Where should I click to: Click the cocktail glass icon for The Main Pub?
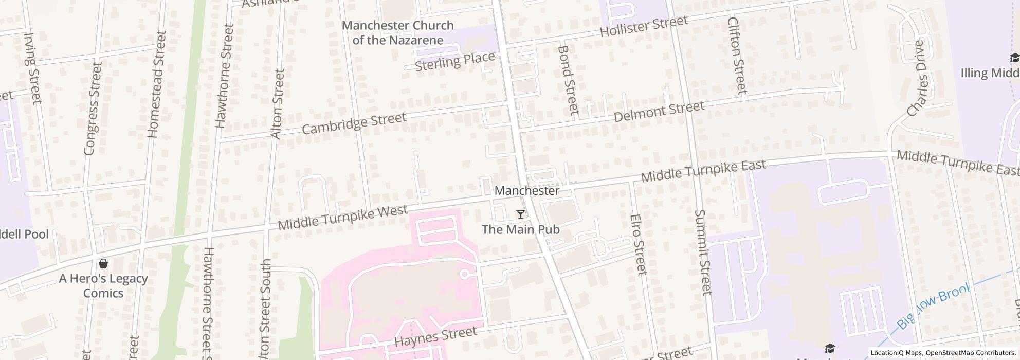pyautogui.click(x=520, y=214)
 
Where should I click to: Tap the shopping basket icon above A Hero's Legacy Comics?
pyautogui.click(x=103, y=263)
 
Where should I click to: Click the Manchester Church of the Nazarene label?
pyautogui.click(x=397, y=32)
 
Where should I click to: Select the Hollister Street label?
pyautogui.click(x=644, y=26)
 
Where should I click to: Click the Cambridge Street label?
pyautogui.click(x=354, y=123)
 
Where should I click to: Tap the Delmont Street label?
pyautogui.click(x=659, y=111)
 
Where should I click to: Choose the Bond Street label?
pyautogui.click(x=568, y=80)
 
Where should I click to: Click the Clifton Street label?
pyautogui.click(x=737, y=56)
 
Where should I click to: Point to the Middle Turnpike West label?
pyautogui.click(x=342, y=218)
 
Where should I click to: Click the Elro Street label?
pyautogui.click(x=637, y=244)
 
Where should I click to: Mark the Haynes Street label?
pyautogui.click(x=435, y=336)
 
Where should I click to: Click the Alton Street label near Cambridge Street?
pyautogui.click(x=278, y=104)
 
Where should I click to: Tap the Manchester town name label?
pyautogui.click(x=526, y=191)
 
